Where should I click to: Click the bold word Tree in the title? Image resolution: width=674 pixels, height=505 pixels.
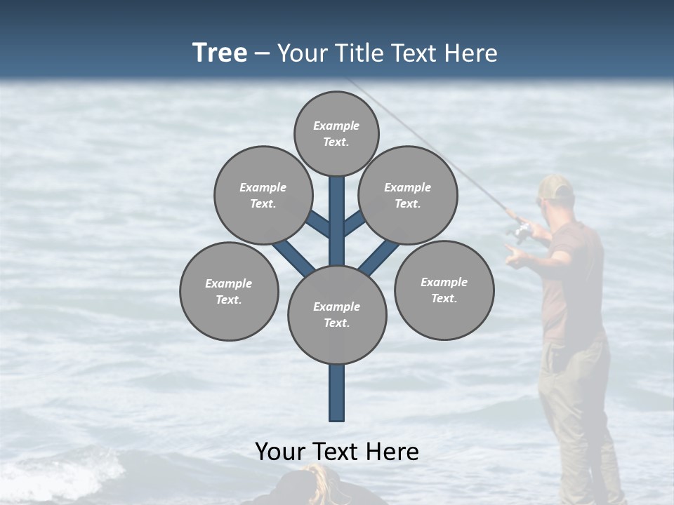220,53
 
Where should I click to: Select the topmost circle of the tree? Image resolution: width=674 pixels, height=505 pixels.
336,133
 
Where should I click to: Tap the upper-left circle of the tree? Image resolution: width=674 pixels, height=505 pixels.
263,195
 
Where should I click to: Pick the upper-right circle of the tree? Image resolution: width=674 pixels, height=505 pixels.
408,195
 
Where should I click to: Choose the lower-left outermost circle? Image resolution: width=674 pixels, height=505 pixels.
229,291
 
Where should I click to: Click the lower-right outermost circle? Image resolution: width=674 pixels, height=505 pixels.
444,290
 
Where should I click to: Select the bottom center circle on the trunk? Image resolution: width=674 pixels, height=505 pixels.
337,315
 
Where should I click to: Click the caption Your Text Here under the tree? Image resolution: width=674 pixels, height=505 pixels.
337,452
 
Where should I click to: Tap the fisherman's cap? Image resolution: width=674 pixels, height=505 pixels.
556,187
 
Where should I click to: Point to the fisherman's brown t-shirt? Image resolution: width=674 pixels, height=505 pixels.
572,281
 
